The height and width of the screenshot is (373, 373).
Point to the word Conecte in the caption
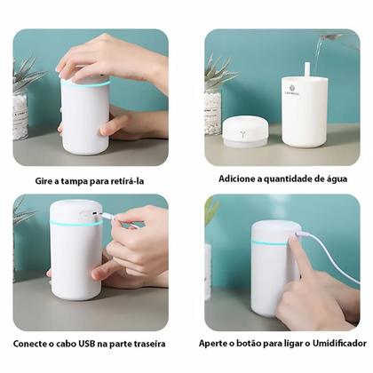coord(33,343)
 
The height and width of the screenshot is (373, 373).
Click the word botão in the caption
coord(252,343)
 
